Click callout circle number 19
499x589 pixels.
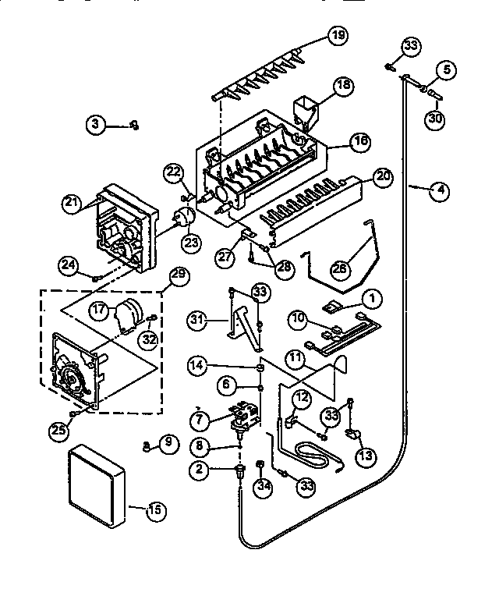coord(338,35)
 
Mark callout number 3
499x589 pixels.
coord(96,124)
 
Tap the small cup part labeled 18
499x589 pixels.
coord(305,109)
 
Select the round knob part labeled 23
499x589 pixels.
coord(183,220)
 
